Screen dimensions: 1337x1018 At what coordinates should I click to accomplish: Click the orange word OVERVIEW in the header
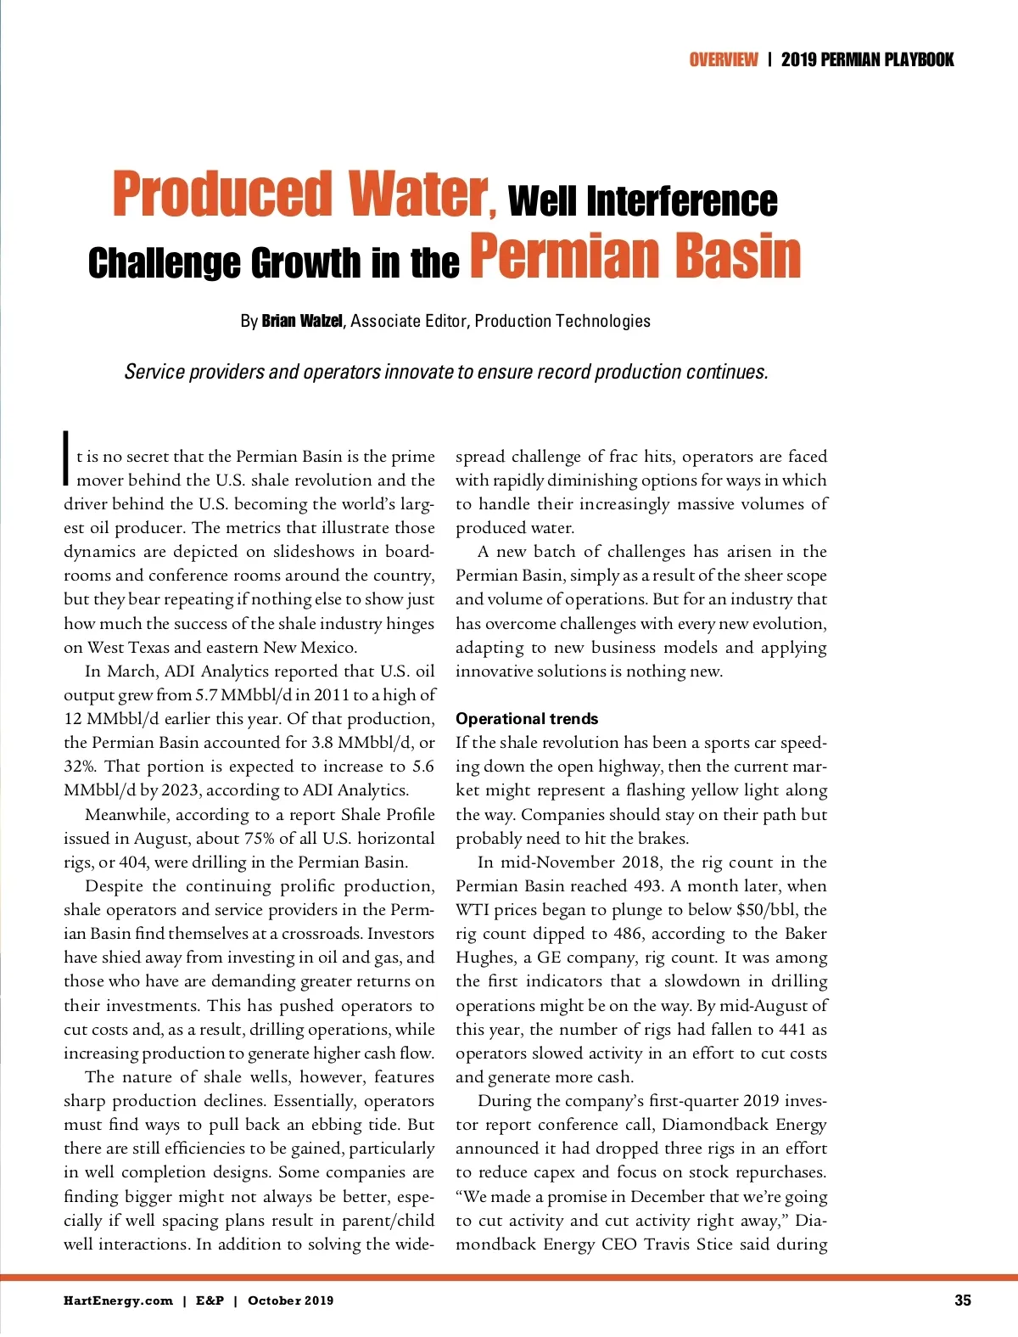[x=723, y=59]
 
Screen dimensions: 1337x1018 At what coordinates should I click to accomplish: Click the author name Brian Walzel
[x=302, y=321]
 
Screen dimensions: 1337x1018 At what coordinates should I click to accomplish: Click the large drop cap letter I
[x=66, y=458]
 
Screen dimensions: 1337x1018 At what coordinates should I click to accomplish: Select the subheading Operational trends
[x=527, y=719]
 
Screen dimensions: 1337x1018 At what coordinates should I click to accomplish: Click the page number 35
[x=962, y=1300]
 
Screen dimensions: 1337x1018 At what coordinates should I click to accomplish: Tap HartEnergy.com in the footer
[x=118, y=1300]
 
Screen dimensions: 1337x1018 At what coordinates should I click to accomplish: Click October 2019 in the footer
[x=290, y=1300]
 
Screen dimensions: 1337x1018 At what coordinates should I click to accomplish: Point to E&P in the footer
[x=210, y=1300]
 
